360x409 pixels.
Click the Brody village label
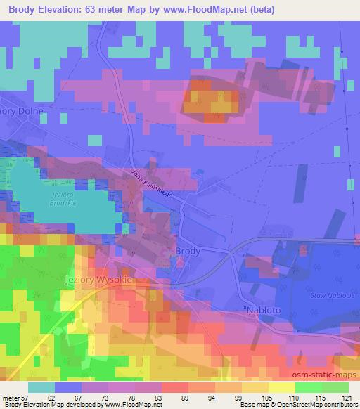[x=190, y=251]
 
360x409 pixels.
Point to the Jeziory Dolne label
[x=22, y=111]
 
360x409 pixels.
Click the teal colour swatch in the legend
[x=42, y=387]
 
